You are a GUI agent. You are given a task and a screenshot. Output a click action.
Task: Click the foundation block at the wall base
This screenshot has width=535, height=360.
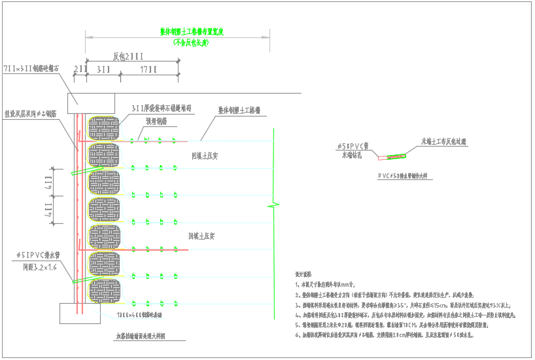point(81,313)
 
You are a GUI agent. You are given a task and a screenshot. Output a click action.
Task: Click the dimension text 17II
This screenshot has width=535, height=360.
point(148,69)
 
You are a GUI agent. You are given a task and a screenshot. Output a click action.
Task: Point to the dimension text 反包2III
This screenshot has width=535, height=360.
point(128,56)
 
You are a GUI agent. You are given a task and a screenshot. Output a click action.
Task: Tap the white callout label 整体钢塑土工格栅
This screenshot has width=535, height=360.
point(239,111)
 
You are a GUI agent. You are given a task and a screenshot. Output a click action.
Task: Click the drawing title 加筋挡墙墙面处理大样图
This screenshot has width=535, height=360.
point(141,335)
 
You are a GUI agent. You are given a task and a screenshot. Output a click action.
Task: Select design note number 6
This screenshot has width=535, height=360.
point(386,334)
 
